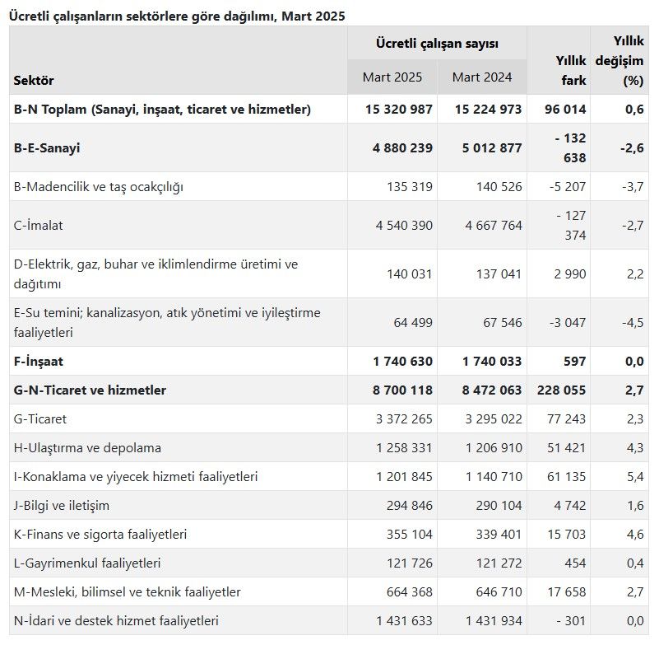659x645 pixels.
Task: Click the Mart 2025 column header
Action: point(392,77)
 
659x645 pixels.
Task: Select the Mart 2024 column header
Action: point(482,77)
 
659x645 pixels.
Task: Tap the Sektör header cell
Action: point(34,81)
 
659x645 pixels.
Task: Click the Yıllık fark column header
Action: point(570,70)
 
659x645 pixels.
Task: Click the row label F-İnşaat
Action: point(39,361)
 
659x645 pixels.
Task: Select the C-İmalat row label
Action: point(39,225)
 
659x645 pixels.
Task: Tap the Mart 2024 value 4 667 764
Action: point(487,225)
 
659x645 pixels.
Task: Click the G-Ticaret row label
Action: point(40,418)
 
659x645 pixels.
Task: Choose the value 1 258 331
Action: point(404,448)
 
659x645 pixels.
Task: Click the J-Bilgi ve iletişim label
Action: point(62,505)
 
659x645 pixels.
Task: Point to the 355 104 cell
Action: point(409,535)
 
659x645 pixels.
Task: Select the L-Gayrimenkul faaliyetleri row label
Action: point(87,563)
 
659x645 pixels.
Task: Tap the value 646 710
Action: point(494,592)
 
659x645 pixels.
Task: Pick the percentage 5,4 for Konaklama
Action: point(634,477)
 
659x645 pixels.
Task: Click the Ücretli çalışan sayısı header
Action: point(437,43)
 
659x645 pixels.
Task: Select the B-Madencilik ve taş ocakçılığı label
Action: point(99,186)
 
